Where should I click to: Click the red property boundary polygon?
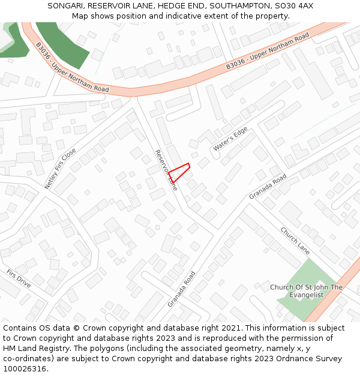[x=179, y=172]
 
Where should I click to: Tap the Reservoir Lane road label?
[x=166, y=170]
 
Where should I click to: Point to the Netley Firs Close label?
[x=61, y=169]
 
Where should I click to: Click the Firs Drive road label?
[x=19, y=278]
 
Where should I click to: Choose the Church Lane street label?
[x=295, y=241]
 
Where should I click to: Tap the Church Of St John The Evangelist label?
[x=306, y=291]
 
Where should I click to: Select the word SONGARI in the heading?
[x=66, y=6]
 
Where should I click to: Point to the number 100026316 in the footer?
[x=25, y=369]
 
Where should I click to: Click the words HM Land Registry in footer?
[x=32, y=349]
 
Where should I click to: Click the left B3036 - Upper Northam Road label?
[x=72, y=67]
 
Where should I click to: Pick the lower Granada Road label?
[x=181, y=289]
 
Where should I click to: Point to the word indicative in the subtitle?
[x=177, y=16]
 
